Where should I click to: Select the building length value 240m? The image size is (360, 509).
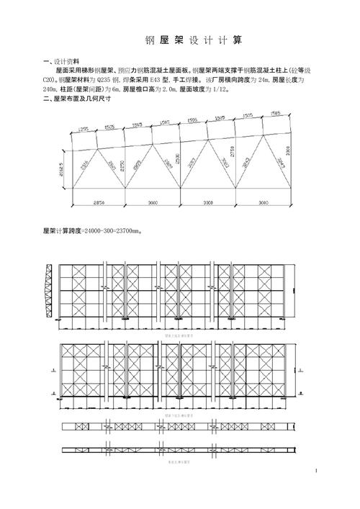(53, 90)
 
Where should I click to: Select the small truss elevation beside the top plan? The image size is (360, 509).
(49, 292)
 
